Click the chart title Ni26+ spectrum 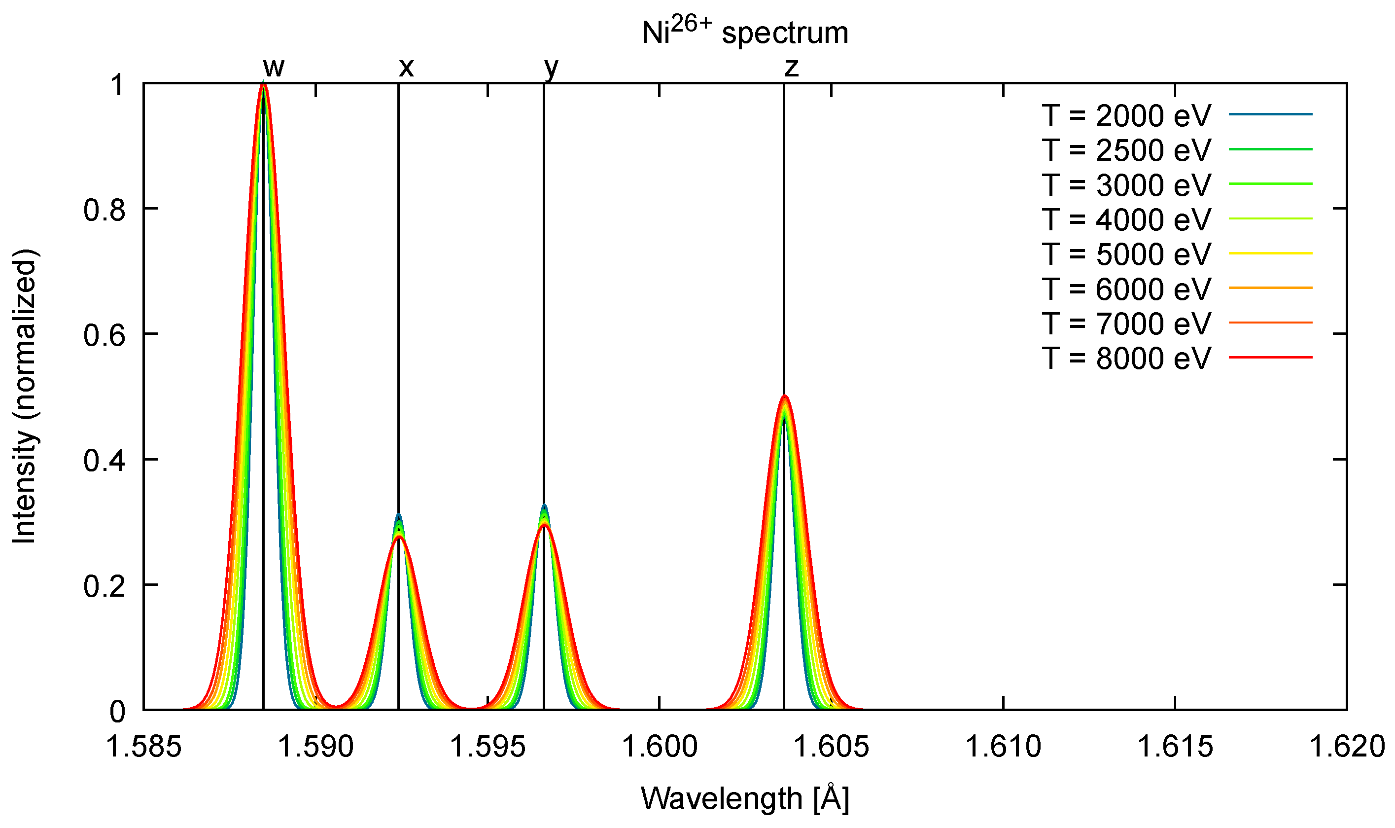[745, 33]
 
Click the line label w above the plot [274, 68]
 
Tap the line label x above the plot [407, 68]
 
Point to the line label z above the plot [791, 68]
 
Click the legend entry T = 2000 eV [1126, 115]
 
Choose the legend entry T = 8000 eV [1126, 358]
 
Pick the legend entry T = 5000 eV [1126, 254]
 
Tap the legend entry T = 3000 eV [1126, 184]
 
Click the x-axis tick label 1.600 [660, 747]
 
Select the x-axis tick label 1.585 [144, 747]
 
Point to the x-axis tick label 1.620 [1347, 747]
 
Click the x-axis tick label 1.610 [1003, 747]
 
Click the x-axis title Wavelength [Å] [745, 798]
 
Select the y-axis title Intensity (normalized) [25, 396]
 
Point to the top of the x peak [398, 515]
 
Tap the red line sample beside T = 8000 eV [1271, 357]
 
